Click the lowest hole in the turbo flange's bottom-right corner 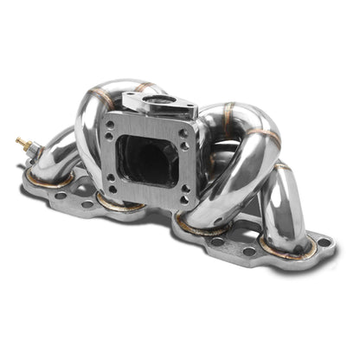183,193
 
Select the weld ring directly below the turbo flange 119,205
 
